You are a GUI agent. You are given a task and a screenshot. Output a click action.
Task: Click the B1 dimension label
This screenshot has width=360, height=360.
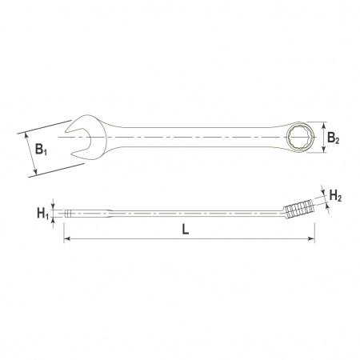[x=41, y=149]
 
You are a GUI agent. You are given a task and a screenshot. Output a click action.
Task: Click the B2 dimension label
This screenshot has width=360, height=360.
[x=333, y=138]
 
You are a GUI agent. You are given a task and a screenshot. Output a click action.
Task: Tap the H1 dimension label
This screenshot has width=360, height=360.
[x=43, y=214]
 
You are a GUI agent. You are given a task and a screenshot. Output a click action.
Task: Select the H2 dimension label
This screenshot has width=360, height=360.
[x=335, y=196]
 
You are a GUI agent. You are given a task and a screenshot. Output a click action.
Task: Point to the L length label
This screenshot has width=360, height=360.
[x=186, y=229]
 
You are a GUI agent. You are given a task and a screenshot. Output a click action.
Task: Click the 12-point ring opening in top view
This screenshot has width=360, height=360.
[x=302, y=138]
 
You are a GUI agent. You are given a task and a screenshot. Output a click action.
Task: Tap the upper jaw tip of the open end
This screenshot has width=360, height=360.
[x=66, y=131]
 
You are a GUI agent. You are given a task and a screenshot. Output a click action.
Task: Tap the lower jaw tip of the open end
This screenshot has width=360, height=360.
[x=72, y=154]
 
